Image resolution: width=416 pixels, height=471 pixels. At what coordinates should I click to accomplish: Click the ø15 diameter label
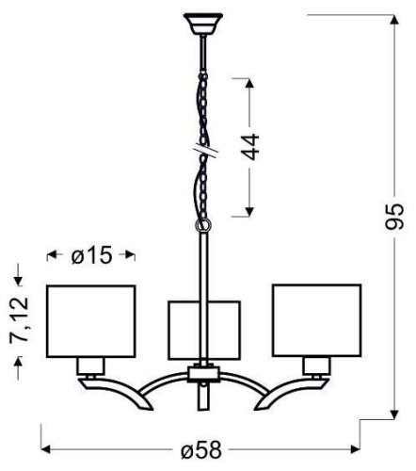(91, 255)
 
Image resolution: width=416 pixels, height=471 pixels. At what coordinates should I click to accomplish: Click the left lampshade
(91, 319)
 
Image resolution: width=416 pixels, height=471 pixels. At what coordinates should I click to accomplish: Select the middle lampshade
(204, 330)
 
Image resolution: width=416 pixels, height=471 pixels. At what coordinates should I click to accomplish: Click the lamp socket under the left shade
(91, 365)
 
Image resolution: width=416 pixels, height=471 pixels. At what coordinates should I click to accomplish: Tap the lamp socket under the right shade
(316, 365)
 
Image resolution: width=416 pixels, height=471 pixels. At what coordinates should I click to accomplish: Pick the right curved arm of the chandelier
(273, 391)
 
